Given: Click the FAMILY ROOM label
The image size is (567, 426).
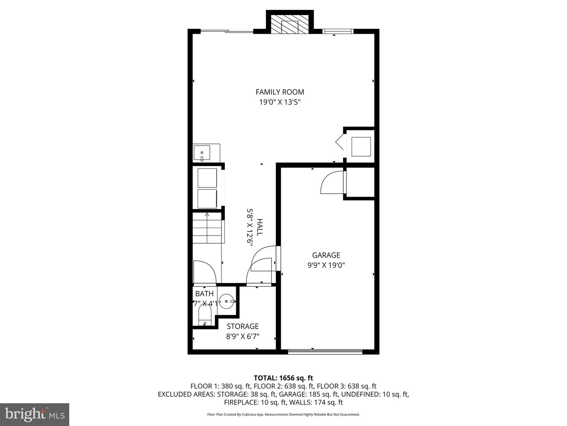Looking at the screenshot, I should click(280, 92).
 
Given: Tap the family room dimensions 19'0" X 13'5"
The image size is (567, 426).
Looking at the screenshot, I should click(280, 102).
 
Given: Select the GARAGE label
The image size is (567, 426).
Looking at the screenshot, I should click(326, 255).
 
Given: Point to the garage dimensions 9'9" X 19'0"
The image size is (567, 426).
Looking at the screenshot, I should click(326, 265).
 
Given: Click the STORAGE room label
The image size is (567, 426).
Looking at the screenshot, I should click(243, 326).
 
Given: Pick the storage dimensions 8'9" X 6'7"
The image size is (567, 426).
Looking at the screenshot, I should click(243, 336).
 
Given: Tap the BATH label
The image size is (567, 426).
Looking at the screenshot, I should click(204, 293).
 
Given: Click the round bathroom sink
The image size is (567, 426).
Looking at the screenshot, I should click(226, 301).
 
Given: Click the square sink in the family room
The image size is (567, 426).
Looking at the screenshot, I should click(202, 153).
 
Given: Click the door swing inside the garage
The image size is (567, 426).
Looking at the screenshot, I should click(332, 183).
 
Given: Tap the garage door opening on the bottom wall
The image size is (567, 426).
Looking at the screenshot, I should click(325, 351).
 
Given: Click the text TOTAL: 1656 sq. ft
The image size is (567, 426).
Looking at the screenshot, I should click(283, 378).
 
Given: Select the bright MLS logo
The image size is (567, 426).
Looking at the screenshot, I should click(35, 414).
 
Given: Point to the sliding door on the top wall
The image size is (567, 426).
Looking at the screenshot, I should click(227, 31).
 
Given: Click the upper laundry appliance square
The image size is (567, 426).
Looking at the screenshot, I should click(207, 178).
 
